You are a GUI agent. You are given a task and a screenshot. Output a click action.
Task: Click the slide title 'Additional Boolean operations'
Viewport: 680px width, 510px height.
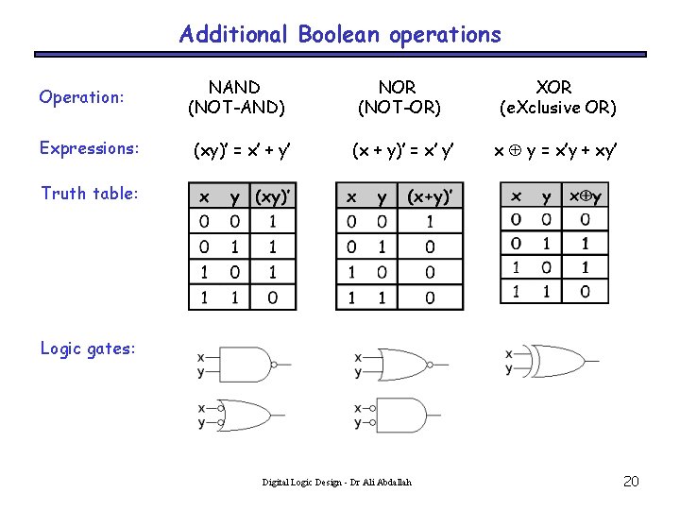[x=340, y=35]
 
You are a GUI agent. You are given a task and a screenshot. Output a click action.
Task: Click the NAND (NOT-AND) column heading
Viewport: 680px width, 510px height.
[x=236, y=97]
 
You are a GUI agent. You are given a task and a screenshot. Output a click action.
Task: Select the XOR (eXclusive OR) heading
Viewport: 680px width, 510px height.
[x=557, y=97]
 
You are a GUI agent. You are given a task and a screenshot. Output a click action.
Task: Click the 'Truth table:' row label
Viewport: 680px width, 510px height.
[x=90, y=194]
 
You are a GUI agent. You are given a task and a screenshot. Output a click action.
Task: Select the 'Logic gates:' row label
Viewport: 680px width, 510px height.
[x=88, y=348]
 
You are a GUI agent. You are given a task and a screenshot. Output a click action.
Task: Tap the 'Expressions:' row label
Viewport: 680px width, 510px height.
[x=90, y=148]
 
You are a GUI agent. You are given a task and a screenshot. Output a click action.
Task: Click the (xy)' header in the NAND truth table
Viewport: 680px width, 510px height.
[x=273, y=196]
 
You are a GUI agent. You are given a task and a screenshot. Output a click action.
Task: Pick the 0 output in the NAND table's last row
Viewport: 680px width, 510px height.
[x=273, y=297]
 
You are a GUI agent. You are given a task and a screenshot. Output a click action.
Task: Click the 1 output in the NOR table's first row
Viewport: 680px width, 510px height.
[x=430, y=222]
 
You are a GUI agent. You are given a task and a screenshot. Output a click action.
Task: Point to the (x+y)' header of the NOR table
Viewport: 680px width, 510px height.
[x=430, y=196]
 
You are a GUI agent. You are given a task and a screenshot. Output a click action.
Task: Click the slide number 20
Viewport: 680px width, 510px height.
[x=632, y=482]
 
